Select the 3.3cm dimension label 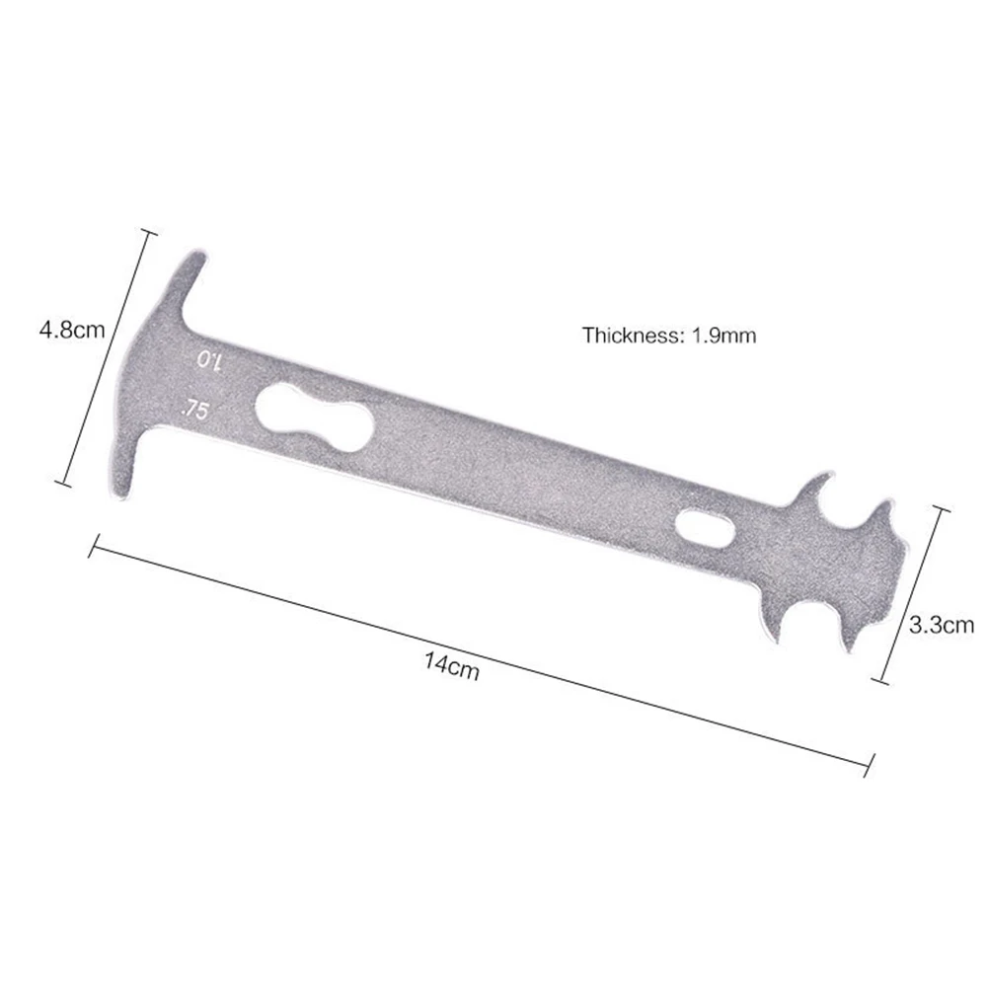pyautogui.click(x=941, y=624)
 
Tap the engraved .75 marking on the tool pyautogui.click(x=193, y=410)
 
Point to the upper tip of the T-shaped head pyautogui.click(x=194, y=260)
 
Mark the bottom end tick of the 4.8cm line pyautogui.click(x=64, y=484)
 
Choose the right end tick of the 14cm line pyautogui.click(x=871, y=760)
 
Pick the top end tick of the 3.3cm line pyautogui.click(x=941, y=509)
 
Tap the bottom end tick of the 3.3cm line pyautogui.click(x=882, y=680)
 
